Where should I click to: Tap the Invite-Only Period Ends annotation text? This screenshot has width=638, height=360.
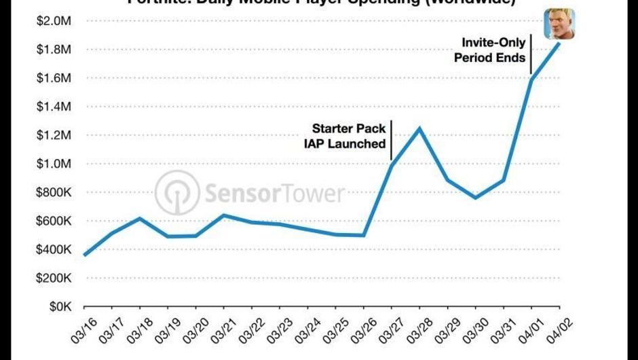tap(489, 50)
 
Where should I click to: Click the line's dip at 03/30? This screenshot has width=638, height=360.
tap(475, 198)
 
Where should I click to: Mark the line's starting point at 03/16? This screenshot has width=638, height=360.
tap(85, 255)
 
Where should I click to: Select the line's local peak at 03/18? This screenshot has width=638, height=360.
tap(139, 218)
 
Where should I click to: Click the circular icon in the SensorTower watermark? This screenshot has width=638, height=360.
tap(176, 193)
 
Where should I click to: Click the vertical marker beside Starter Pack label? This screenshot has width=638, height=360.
tap(392, 140)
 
